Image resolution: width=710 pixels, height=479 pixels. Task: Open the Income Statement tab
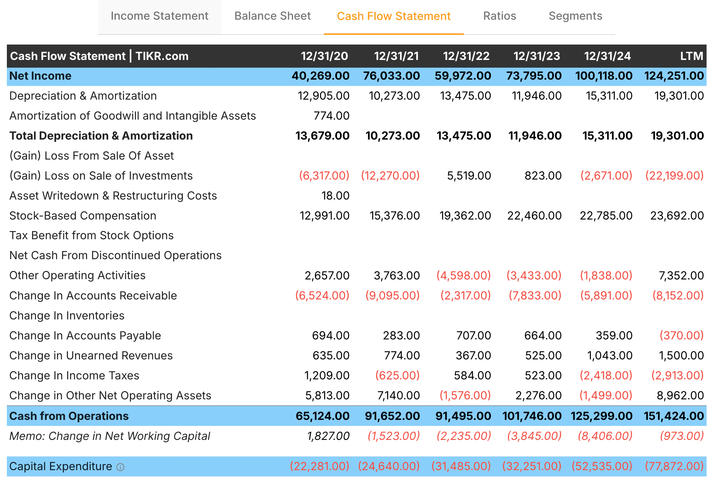click(159, 16)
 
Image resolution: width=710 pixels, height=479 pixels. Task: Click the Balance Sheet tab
click(272, 16)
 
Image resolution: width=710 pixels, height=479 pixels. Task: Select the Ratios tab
click(500, 16)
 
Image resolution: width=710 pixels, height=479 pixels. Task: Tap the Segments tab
click(575, 16)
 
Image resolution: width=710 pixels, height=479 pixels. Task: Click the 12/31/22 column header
click(466, 56)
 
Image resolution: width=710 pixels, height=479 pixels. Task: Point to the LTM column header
click(691, 56)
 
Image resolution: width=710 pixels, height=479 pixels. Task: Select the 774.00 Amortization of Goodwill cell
click(331, 116)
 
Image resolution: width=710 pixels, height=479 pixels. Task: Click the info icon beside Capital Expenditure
click(120, 467)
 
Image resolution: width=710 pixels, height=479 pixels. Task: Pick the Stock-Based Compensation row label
click(83, 216)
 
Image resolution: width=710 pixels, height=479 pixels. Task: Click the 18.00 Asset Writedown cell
click(335, 196)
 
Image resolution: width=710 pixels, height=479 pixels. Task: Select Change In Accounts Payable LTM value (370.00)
click(681, 336)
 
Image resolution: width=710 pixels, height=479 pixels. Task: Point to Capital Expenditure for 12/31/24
click(602, 466)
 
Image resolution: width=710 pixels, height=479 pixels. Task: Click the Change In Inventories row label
click(67, 315)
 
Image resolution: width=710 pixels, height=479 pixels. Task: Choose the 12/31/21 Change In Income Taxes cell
click(397, 376)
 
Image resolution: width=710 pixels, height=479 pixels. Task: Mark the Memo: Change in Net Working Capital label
click(110, 436)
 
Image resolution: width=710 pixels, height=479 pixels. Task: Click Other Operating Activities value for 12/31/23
click(534, 275)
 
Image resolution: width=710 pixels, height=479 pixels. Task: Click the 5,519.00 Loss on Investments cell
click(469, 176)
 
